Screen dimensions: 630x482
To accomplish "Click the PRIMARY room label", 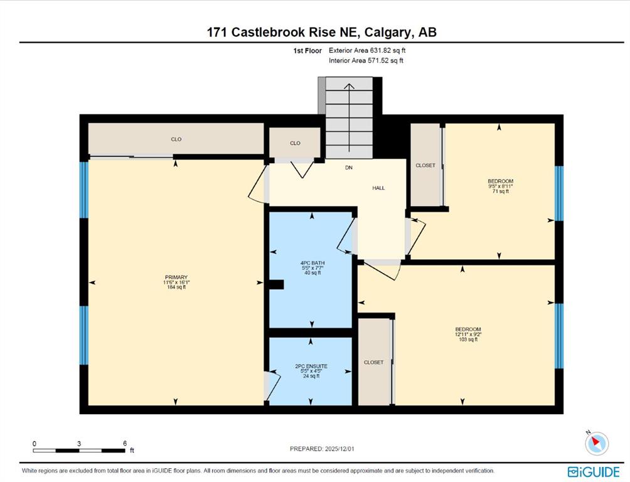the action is [176, 277].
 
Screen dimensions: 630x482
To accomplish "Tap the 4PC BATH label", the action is [312, 263].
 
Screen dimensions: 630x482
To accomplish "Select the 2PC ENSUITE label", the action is [311, 367].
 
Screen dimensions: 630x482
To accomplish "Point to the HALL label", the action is [378, 188].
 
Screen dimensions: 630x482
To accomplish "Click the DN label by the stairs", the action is [349, 168].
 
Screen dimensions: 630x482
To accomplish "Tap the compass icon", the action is [597, 444].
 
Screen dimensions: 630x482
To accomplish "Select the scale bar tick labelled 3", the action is [79, 444].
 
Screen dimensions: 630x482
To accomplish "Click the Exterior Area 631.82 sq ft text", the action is [367, 51].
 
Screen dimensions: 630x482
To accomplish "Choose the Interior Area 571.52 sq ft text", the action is [366, 61].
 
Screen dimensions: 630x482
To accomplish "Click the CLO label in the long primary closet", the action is [176, 139].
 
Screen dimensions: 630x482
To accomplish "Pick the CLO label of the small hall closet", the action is [296, 143].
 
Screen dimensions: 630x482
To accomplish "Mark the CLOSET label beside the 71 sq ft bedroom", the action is [425, 165].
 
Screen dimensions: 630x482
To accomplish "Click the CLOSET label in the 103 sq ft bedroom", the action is [373, 362].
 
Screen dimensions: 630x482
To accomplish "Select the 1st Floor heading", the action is [307, 51].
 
